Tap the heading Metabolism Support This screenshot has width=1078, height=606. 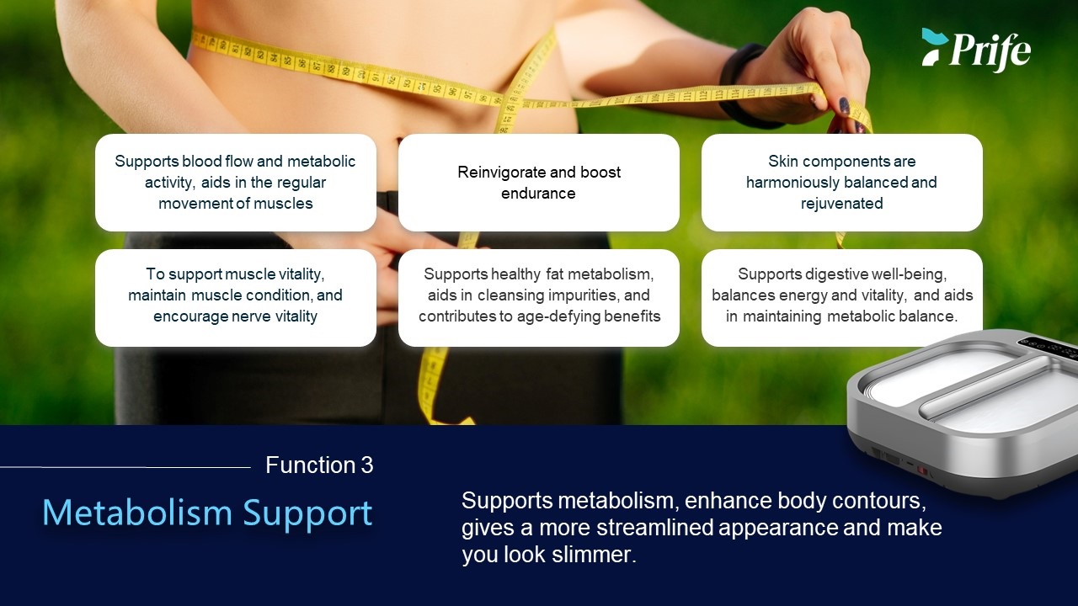(207, 513)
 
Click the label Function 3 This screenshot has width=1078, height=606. (319, 465)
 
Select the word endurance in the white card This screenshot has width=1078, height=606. (538, 194)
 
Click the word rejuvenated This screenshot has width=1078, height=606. (841, 204)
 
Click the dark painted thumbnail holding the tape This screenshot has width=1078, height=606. (844, 105)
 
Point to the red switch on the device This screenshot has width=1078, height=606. (922, 470)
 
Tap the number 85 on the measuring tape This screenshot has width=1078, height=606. (287, 61)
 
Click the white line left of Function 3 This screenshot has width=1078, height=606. (125, 467)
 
